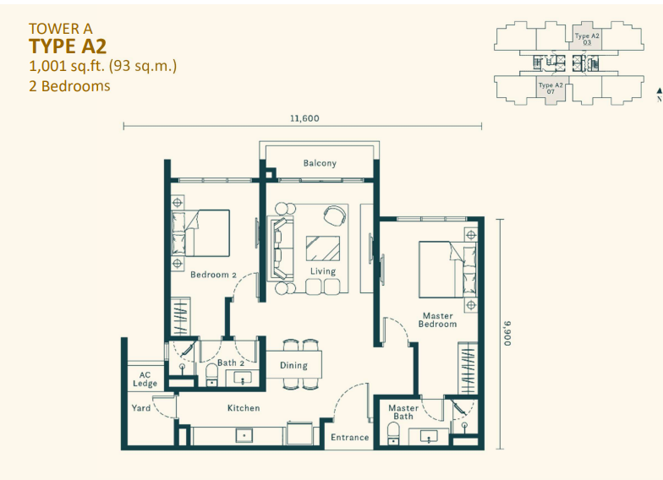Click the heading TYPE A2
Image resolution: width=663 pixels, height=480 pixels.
68,46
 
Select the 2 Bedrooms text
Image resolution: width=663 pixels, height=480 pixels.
69,85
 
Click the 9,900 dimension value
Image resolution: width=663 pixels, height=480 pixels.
507,333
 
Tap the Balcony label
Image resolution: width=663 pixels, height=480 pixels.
320,163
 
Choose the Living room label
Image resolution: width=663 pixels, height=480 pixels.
322,272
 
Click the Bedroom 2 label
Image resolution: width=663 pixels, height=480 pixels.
213,275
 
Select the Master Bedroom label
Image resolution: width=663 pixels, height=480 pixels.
438,320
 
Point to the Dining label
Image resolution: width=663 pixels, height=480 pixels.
293,366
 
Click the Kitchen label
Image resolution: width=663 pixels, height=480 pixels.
244,408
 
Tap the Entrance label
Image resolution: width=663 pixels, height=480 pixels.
349,437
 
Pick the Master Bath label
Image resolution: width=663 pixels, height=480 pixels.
403,412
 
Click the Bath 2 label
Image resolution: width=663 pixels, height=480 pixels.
230,363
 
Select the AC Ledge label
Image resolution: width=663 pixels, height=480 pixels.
145,379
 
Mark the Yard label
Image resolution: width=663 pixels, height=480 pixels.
141,408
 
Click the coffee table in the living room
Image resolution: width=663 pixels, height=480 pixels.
323,248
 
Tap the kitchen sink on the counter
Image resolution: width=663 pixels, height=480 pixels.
244,436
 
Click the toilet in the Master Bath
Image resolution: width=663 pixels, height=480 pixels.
392,434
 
